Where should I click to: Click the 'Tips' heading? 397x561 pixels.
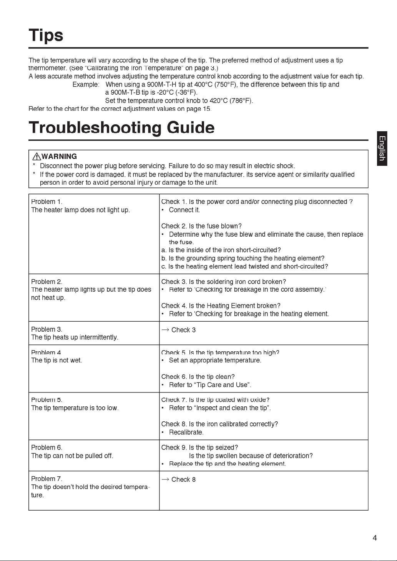coord(46,35)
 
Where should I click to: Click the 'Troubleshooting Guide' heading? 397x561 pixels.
coord(121,128)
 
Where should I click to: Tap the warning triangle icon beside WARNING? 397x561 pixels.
coord(37,156)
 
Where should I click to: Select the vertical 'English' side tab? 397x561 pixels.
coord(382,148)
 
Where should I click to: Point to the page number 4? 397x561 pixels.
coord(375,538)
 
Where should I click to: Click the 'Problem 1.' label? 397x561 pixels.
coord(47,202)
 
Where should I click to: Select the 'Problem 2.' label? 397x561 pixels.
coord(47,282)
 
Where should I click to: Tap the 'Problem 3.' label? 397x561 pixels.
coord(47,329)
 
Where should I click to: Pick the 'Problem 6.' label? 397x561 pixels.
coord(47,447)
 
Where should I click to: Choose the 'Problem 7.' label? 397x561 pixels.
coord(47,479)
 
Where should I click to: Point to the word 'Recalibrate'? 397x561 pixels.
coord(186,432)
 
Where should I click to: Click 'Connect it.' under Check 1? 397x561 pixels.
coord(184,210)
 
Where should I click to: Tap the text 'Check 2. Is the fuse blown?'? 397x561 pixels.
coord(201,226)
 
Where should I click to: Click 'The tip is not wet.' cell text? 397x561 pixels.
coord(56,360)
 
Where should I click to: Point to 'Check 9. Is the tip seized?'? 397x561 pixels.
coord(199,447)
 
